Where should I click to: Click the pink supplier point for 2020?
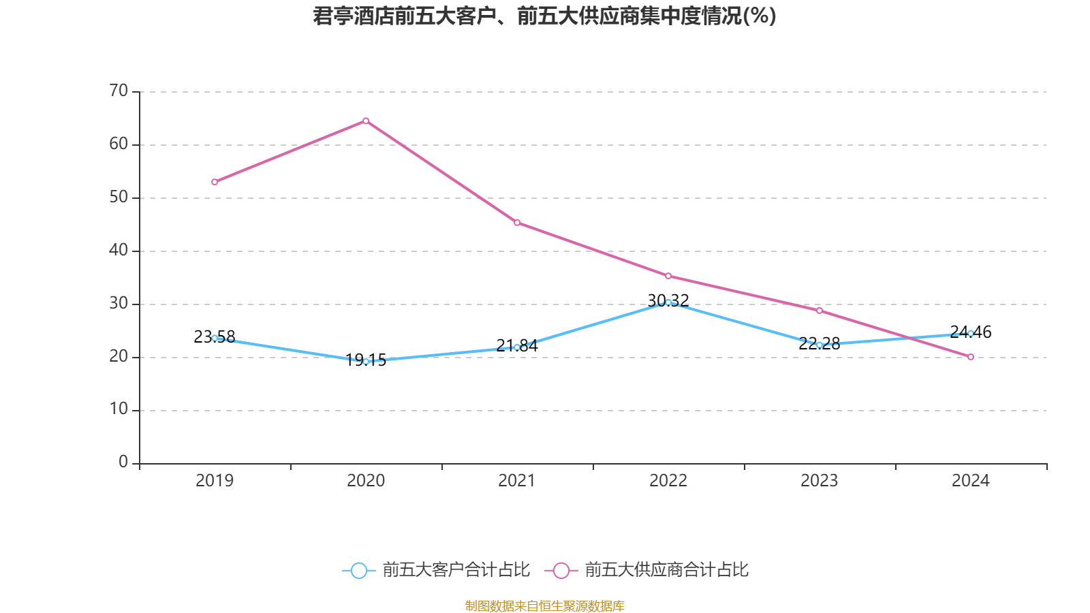coord(366,121)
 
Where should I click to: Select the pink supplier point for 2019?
coord(215,182)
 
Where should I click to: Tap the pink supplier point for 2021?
coord(517,222)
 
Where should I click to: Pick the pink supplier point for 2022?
coord(668,276)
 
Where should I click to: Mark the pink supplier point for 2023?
coord(820,311)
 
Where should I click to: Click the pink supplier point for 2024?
coord(971,357)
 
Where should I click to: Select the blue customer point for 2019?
coord(215,338)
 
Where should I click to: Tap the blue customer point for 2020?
coord(366,362)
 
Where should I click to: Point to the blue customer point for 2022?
coord(668,302)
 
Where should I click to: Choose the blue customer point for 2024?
coord(971,333)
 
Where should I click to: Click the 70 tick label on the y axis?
coord(119,91)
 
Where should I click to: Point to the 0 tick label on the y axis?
coord(123,462)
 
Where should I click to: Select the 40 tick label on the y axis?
coord(119,250)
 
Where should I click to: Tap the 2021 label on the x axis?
coord(517,481)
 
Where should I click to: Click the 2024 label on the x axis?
coord(971,481)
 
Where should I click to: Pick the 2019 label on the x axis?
coord(215,481)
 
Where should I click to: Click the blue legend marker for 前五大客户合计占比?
coord(358,571)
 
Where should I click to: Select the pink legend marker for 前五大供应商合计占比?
coord(561,571)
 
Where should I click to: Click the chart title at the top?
coord(544,16)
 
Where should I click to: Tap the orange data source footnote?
coord(544,606)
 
